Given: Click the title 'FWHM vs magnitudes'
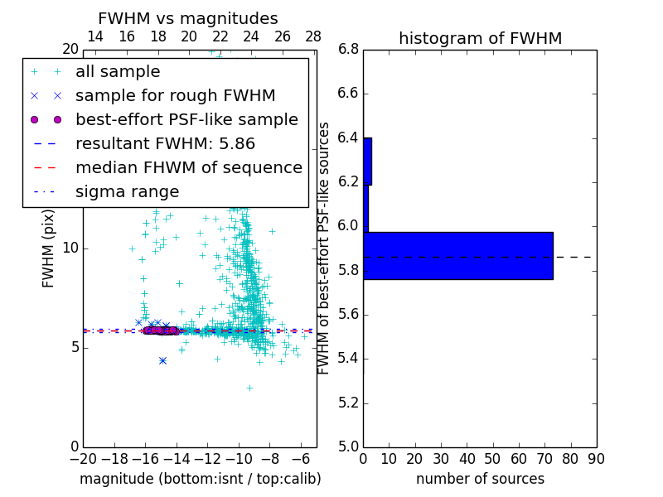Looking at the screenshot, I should click(x=188, y=19).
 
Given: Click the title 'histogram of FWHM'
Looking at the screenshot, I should click(x=480, y=39).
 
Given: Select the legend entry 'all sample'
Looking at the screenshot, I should click(x=118, y=72).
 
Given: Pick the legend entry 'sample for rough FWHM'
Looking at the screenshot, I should click(x=175, y=96).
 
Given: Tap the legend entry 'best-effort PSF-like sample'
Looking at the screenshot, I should click(x=186, y=120).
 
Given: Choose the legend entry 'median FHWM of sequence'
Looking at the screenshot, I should click(x=188, y=168).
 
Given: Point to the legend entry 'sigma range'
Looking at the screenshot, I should click(x=127, y=192).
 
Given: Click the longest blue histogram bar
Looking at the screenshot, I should click(x=457, y=256).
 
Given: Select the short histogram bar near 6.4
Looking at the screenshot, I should click(x=367, y=162).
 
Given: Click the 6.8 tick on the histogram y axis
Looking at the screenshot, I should click(x=348, y=49).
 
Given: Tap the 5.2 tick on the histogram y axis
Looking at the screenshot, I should click(x=348, y=403).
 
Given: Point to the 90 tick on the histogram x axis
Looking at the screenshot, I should click(x=596, y=459).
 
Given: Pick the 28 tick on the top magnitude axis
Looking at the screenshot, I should click(x=313, y=37).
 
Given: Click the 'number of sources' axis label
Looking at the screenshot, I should click(x=480, y=479).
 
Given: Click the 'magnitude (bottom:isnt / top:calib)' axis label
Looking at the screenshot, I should click(x=200, y=479).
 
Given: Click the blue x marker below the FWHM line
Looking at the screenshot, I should click(x=162, y=360).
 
